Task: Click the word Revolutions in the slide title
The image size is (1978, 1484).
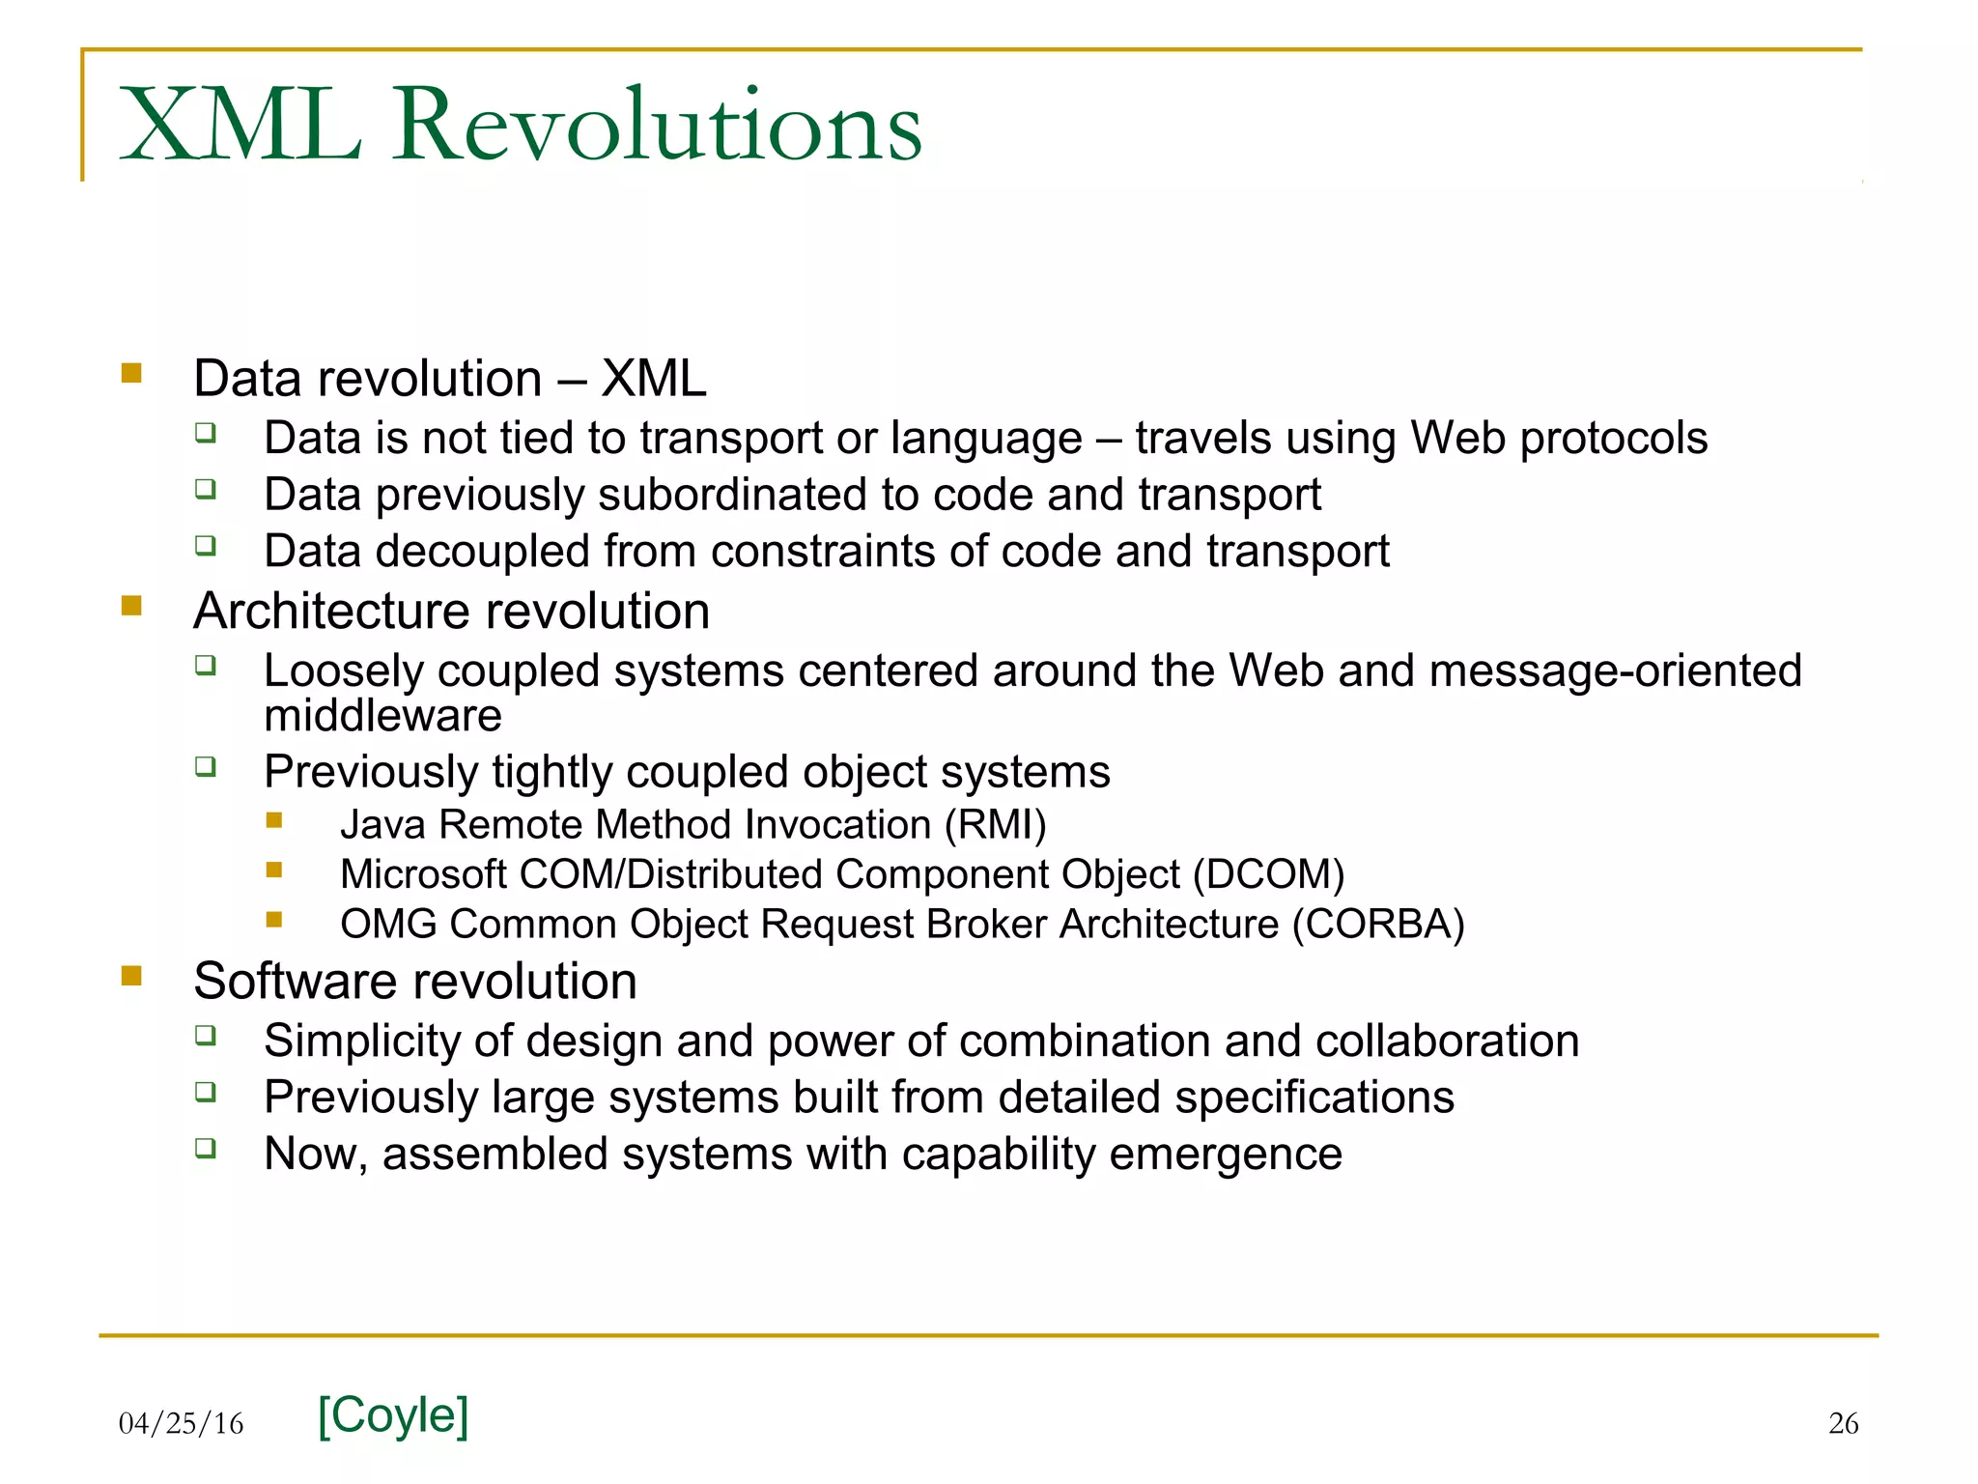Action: click(657, 126)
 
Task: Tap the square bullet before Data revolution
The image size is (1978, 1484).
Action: click(132, 373)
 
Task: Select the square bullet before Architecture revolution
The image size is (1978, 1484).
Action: click(132, 606)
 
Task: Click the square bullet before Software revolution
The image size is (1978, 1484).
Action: click(132, 976)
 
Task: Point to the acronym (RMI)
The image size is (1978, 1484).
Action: click(995, 825)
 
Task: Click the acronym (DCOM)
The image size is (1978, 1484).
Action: click(1268, 874)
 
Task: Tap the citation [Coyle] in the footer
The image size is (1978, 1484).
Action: click(393, 1415)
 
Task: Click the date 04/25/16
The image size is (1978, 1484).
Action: click(181, 1423)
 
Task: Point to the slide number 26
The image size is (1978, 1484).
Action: click(1843, 1423)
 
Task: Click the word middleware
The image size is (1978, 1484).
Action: click(382, 716)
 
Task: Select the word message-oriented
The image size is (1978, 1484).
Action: click(1615, 671)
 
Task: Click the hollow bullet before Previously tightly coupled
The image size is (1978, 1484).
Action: click(205, 767)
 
